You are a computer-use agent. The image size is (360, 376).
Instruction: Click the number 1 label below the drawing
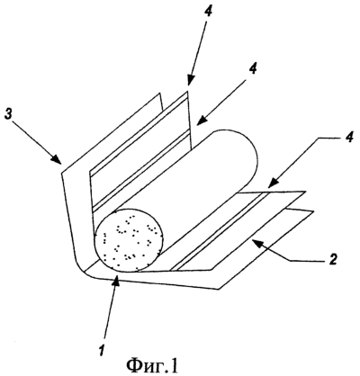(102, 349)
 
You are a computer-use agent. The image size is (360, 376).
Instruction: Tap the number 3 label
(9, 115)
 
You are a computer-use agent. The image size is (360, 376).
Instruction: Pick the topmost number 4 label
(208, 13)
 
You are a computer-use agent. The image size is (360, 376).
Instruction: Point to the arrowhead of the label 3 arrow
(58, 159)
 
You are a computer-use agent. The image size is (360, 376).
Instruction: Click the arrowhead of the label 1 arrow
(117, 282)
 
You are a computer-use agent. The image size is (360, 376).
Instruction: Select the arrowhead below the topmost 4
(189, 80)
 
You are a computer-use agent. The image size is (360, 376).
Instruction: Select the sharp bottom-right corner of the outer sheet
(219, 289)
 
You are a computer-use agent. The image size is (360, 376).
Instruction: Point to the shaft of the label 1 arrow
(111, 312)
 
